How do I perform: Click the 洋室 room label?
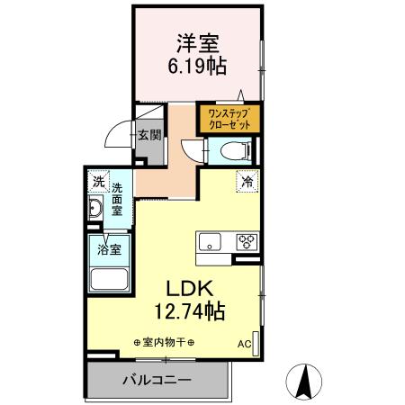point(198,42)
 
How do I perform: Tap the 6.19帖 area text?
point(198,66)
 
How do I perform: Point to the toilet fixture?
point(233,150)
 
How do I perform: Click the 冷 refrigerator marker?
point(246,180)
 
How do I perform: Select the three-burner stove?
point(246,241)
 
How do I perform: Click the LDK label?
point(189,290)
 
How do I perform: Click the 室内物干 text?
point(164,343)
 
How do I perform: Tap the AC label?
point(244,344)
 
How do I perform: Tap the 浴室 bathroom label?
point(111,246)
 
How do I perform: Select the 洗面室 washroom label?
point(118,200)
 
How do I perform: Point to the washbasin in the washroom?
point(97,211)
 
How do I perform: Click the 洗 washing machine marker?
point(98,181)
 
